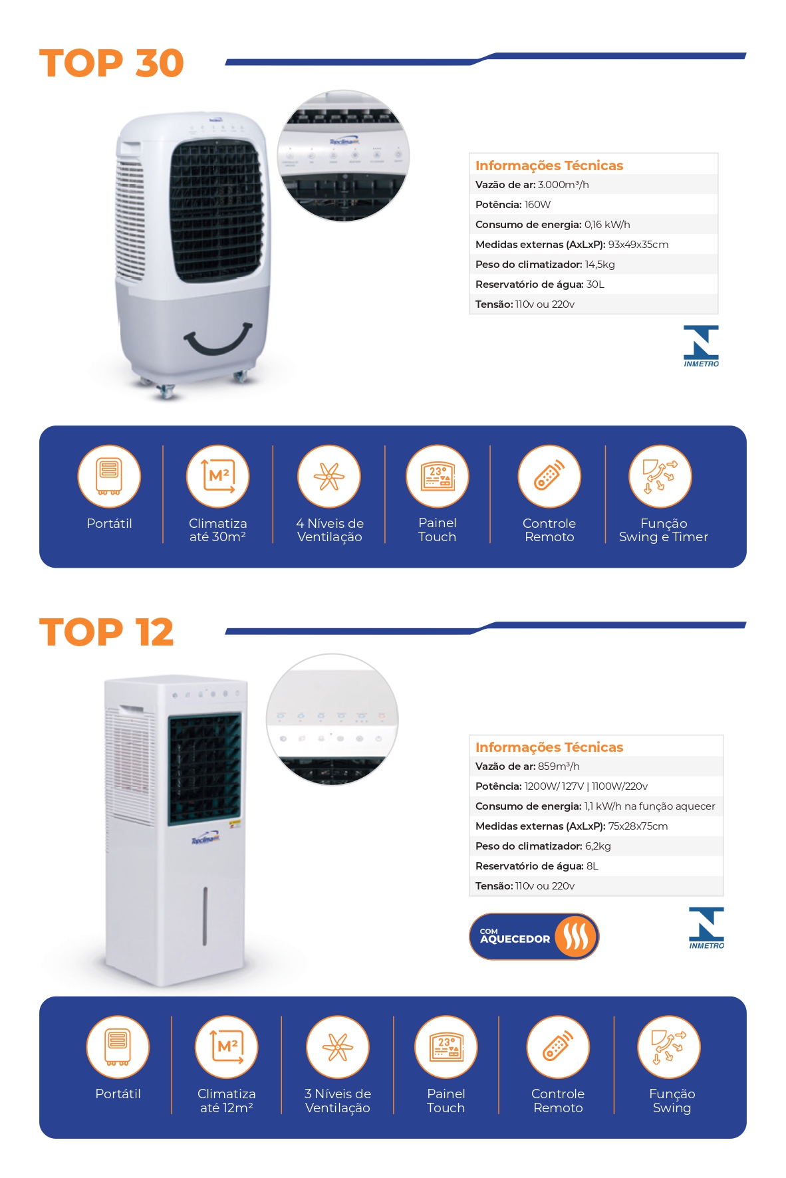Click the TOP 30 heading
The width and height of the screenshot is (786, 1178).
[111, 63]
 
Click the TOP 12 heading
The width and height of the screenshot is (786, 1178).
[106, 632]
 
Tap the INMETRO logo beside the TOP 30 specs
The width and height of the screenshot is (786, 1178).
[701, 346]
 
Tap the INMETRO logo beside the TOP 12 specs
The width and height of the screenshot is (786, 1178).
[706, 927]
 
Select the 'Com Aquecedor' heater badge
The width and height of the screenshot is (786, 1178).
[534, 936]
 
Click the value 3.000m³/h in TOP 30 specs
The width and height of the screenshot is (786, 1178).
[563, 185]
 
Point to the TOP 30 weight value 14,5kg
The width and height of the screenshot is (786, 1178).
[600, 265]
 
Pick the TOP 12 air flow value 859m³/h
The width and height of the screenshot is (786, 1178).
[559, 766]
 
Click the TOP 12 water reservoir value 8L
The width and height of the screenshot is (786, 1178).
[592, 866]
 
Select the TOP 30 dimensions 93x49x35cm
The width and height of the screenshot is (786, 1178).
[638, 245]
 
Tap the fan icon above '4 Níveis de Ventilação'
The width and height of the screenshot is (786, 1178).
[329, 477]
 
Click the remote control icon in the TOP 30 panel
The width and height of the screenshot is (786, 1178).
[549, 477]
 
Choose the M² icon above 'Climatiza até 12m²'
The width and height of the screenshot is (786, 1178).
[226, 1047]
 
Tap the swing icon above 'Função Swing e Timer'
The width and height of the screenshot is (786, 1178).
[660, 477]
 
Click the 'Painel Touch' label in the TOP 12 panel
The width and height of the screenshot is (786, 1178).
[446, 1101]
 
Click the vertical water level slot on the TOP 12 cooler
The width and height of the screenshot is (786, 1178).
[205, 915]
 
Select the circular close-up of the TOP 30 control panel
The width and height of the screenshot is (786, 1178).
[343, 156]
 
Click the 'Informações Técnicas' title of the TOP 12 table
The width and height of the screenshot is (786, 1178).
[549, 747]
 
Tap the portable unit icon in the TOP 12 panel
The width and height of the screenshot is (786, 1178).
[118, 1047]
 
